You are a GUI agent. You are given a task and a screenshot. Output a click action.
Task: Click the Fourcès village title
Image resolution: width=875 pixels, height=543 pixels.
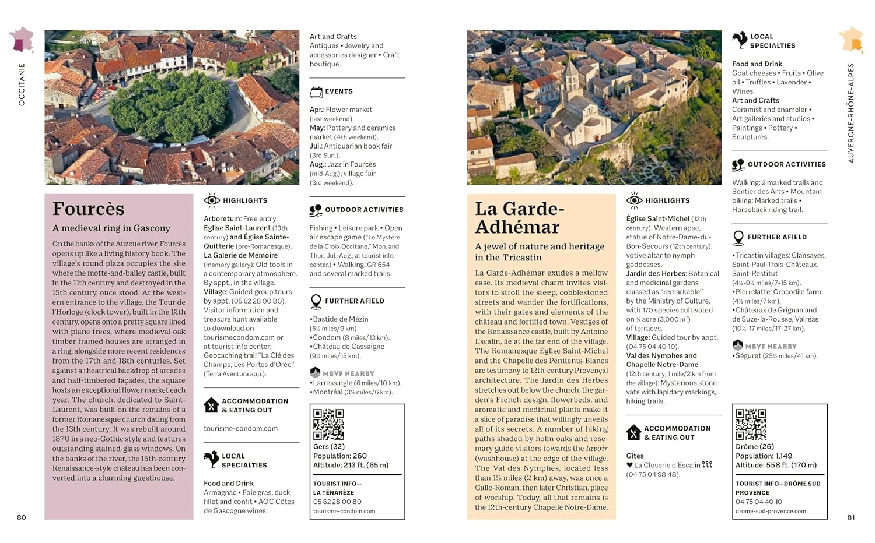pos(88,209)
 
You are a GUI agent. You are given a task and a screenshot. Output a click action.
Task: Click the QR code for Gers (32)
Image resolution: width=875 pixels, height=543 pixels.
pos(328,424)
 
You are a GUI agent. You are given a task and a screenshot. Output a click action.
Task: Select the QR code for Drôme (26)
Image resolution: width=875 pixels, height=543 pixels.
pos(751,424)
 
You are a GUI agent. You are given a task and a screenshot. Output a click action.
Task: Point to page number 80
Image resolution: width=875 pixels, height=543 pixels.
pos(22,517)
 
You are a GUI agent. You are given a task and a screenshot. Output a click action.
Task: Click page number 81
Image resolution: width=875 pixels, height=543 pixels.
pos(851,517)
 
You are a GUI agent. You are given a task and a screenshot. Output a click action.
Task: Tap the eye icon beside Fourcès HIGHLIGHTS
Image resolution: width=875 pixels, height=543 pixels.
pos(211,200)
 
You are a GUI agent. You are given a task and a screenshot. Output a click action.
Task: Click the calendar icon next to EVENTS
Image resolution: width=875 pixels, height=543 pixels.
pos(316,91)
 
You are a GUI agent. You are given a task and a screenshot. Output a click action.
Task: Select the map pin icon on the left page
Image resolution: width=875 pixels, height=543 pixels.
pos(316,301)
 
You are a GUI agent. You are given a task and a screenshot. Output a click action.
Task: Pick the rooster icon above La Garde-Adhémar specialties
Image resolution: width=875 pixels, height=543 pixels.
pos(739,40)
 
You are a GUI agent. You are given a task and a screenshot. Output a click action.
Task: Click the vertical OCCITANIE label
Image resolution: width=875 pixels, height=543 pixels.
pos(22,84)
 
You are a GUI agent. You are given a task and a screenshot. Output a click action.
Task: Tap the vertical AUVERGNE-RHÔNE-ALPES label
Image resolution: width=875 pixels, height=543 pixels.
pos(851,113)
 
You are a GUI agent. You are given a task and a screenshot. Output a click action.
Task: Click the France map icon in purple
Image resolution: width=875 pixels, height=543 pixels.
pos(22,40)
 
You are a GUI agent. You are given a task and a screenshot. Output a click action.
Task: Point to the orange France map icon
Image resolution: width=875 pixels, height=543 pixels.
pos(851,40)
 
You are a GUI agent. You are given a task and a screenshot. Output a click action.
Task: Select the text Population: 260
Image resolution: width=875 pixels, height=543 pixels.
pos(340,456)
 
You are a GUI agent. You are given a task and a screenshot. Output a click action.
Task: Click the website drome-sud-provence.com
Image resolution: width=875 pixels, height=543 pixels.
pos(771,511)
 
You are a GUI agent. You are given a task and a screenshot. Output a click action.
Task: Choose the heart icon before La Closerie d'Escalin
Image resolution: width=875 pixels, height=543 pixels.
pos(629,465)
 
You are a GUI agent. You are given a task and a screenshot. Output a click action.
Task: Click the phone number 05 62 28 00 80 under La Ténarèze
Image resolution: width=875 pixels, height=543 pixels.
pos(337,502)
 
